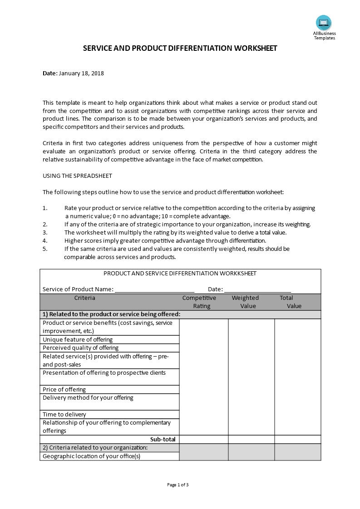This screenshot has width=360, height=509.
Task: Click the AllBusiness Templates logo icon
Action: [x=324, y=23]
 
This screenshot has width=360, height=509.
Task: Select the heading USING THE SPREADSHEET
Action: [x=77, y=176]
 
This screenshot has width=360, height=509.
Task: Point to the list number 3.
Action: [x=45, y=232]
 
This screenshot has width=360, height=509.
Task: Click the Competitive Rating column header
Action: [x=199, y=302]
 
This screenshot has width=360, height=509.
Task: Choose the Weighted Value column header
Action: [x=246, y=302]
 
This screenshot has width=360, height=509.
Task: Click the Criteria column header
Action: [x=85, y=298]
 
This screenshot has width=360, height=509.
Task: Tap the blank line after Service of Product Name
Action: [x=154, y=289]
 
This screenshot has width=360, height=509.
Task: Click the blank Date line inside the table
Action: [x=257, y=289]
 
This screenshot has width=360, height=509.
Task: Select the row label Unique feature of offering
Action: [x=78, y=339]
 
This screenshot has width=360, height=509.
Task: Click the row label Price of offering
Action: [x=64, y=389]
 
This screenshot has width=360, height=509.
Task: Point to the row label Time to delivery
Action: [x=64, y=414]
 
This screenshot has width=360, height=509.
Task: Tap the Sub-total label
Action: [x=163, y=439]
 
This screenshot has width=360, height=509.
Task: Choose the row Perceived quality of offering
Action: [x=80, y=348]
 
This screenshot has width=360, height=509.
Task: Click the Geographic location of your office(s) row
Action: [x=91, y=456]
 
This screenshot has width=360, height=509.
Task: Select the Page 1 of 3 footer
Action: [x=178, y=485]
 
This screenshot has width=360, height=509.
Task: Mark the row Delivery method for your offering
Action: [x=88, y=398]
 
